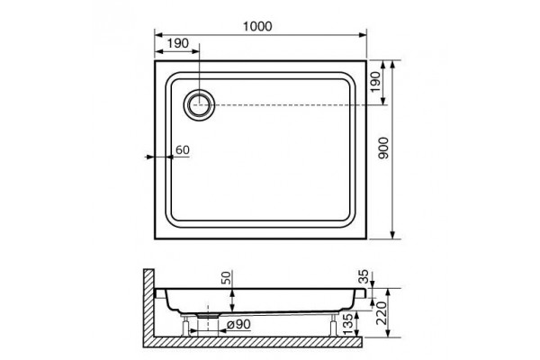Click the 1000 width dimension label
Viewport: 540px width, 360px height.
(257, 26)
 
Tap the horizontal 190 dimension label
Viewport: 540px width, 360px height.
(178, 43)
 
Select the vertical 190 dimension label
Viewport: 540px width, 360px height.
(375, 82)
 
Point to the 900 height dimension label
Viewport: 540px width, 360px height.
(383, 148)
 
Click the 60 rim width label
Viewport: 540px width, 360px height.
(183, 150)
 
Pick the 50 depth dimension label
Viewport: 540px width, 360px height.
(225, 277)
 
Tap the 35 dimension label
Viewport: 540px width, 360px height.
(364, 276)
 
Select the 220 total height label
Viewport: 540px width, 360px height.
(382, 313)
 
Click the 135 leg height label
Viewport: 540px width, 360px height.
(348, 323)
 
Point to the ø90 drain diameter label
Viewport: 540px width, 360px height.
(239, 324)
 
